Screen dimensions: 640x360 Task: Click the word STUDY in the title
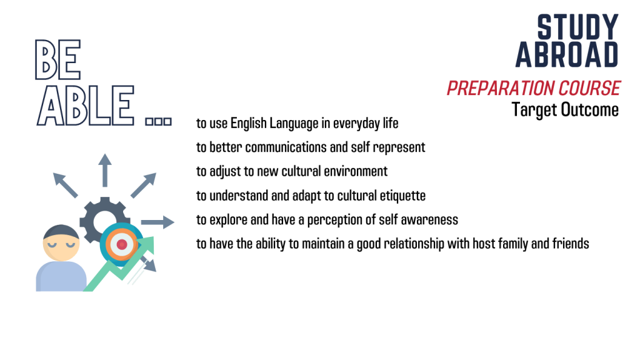coord(577,27)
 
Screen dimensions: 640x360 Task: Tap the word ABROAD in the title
coord(567,54)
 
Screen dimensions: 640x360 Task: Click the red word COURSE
coord(589,88)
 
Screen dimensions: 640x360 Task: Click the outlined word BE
coord(58,59)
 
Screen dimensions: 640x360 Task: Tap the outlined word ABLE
coord(86,105)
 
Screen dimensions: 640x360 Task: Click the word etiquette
coord(402,196)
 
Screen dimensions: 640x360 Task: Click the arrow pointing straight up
coord(105,170)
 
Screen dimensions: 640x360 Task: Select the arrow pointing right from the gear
coord(157,222)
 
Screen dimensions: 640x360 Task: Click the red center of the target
coord(122,244)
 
